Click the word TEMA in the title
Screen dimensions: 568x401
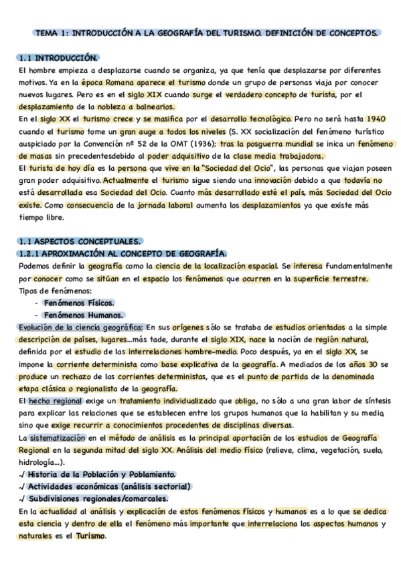[46, 32]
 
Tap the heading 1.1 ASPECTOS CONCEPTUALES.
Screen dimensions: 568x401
[80, 241]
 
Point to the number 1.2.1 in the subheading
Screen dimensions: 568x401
[32, 253]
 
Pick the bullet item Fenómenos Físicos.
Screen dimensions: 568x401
[78, 302]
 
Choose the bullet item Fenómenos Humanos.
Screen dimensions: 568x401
[82, 314]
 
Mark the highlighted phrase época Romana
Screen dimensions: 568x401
[106, 82]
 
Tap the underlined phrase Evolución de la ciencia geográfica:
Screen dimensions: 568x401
[81, 327]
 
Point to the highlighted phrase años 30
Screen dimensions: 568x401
[362, 364]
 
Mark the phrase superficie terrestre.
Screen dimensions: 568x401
[344, 278]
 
